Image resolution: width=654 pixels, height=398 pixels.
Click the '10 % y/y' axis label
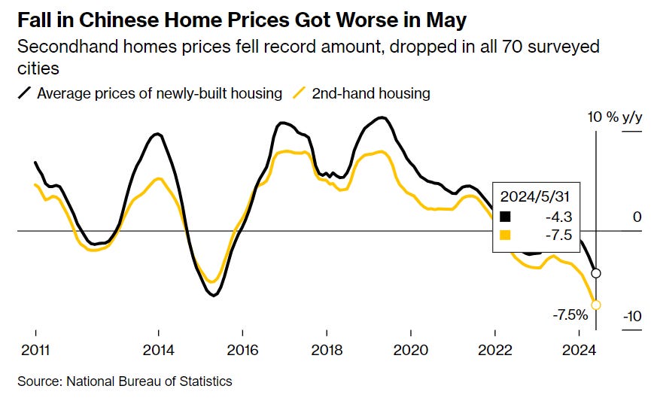tap(616, 117)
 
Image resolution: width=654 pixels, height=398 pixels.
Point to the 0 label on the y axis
tap(637, 217)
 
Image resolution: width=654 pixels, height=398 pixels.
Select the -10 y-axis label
tap(631, 317)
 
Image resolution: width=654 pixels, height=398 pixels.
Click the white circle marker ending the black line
tap(596, 273)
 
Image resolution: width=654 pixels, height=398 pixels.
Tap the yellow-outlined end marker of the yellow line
tap(596, 305)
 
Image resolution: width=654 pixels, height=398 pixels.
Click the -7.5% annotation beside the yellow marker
tap(570, 314)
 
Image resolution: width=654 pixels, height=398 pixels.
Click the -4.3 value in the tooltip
tap(560, 216)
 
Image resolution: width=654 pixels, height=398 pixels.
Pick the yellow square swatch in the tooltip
tap(506, 235)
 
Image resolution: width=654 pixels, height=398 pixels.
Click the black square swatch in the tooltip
tap(506, 216)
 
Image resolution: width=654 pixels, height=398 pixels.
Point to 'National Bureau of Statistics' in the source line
tap(150, 381)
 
